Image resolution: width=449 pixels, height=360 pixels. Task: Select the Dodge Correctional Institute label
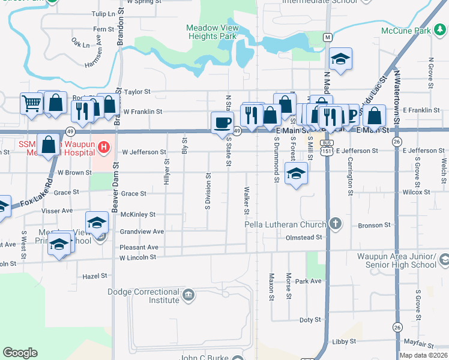[151, 296]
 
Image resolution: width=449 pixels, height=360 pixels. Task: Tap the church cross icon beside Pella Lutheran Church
[336, 224]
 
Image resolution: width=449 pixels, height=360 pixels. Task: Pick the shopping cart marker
[31, 103]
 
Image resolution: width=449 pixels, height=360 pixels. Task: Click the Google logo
[20, 353]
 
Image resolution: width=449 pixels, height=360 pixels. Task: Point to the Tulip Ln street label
[103, 13]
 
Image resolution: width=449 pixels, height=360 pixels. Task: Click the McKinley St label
[138, 214]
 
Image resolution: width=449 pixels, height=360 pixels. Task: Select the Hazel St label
[95, 276]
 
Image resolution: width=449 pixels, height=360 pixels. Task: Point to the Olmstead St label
[304, 238]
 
